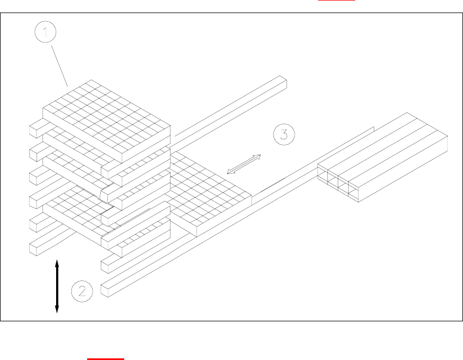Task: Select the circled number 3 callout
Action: (284, 134)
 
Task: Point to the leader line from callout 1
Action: (59, 67)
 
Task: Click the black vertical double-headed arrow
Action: (57, 286)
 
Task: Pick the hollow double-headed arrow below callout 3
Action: (244, 164)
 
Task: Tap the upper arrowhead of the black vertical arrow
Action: (57, 264)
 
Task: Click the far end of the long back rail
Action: (283, 83)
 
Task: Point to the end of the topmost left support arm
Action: (34, 130)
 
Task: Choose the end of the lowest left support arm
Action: (34, 247)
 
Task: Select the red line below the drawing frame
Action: (106, 359)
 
